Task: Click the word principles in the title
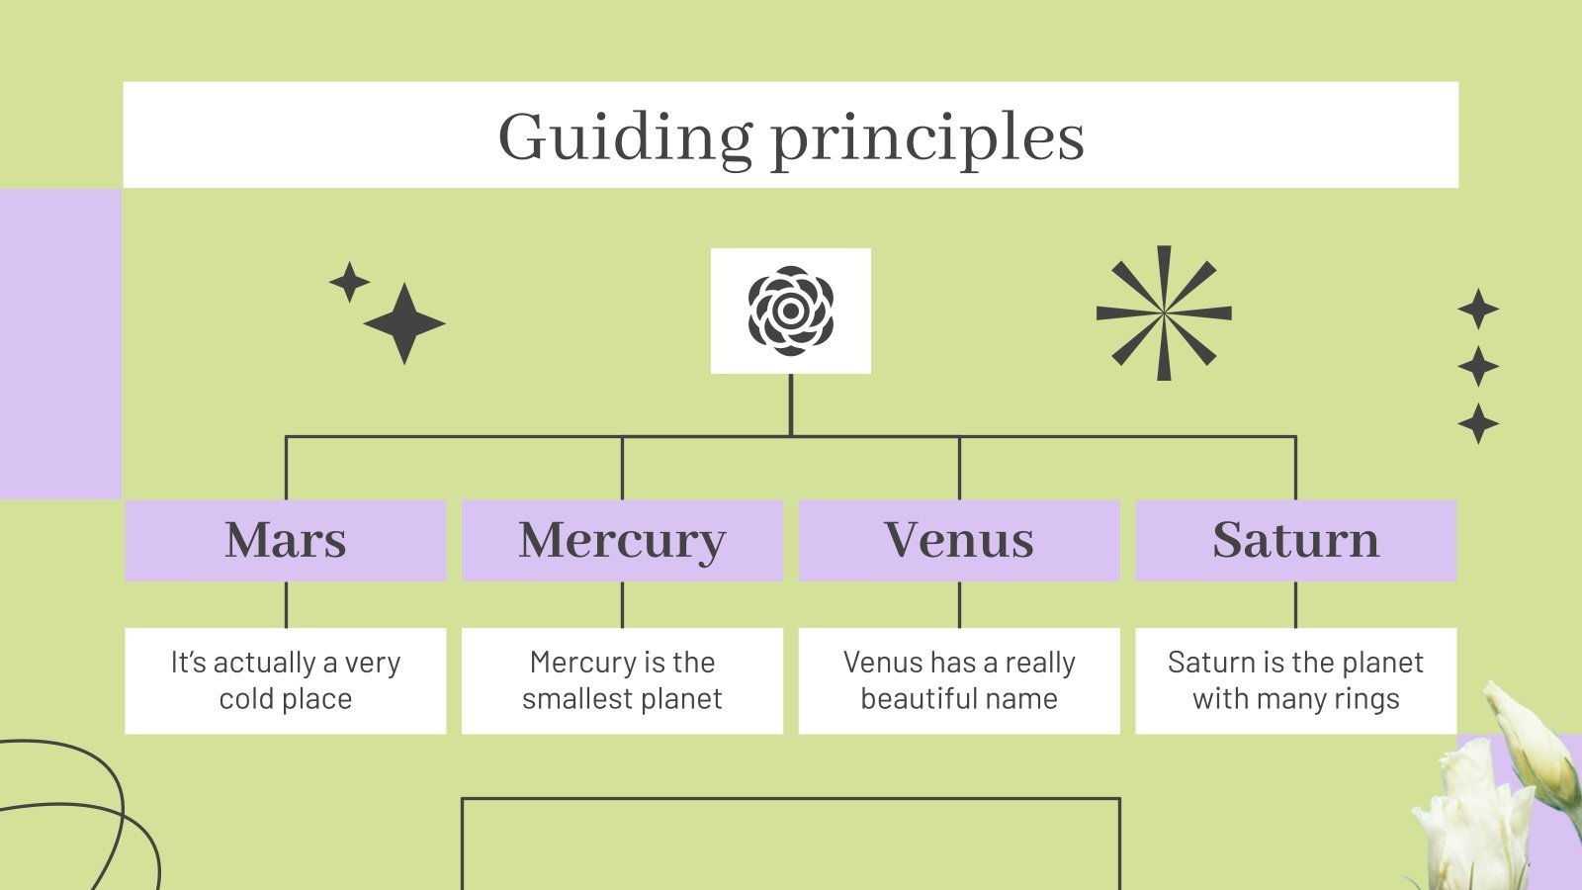pos(926,138)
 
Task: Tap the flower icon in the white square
pos(790,311)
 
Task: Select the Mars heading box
pos(286,540)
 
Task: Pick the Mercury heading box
pos(622,540)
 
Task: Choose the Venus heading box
pos(959,540)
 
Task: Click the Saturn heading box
pos(1295,540)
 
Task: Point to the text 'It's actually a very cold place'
pos(286,680)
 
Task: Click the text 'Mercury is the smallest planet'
pos(622,680)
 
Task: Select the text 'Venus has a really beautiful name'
pos(959,680)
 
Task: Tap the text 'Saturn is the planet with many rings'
pos(1295,680)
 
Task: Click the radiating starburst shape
pos(1164,313)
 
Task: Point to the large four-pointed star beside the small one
pos(404,323)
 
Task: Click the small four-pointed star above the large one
pos(349,282)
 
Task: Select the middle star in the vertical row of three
pos(1478,366)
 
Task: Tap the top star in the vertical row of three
pos(1478,310)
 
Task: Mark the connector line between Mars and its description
pos(286,604)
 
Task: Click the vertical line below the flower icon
pos(790,403)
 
